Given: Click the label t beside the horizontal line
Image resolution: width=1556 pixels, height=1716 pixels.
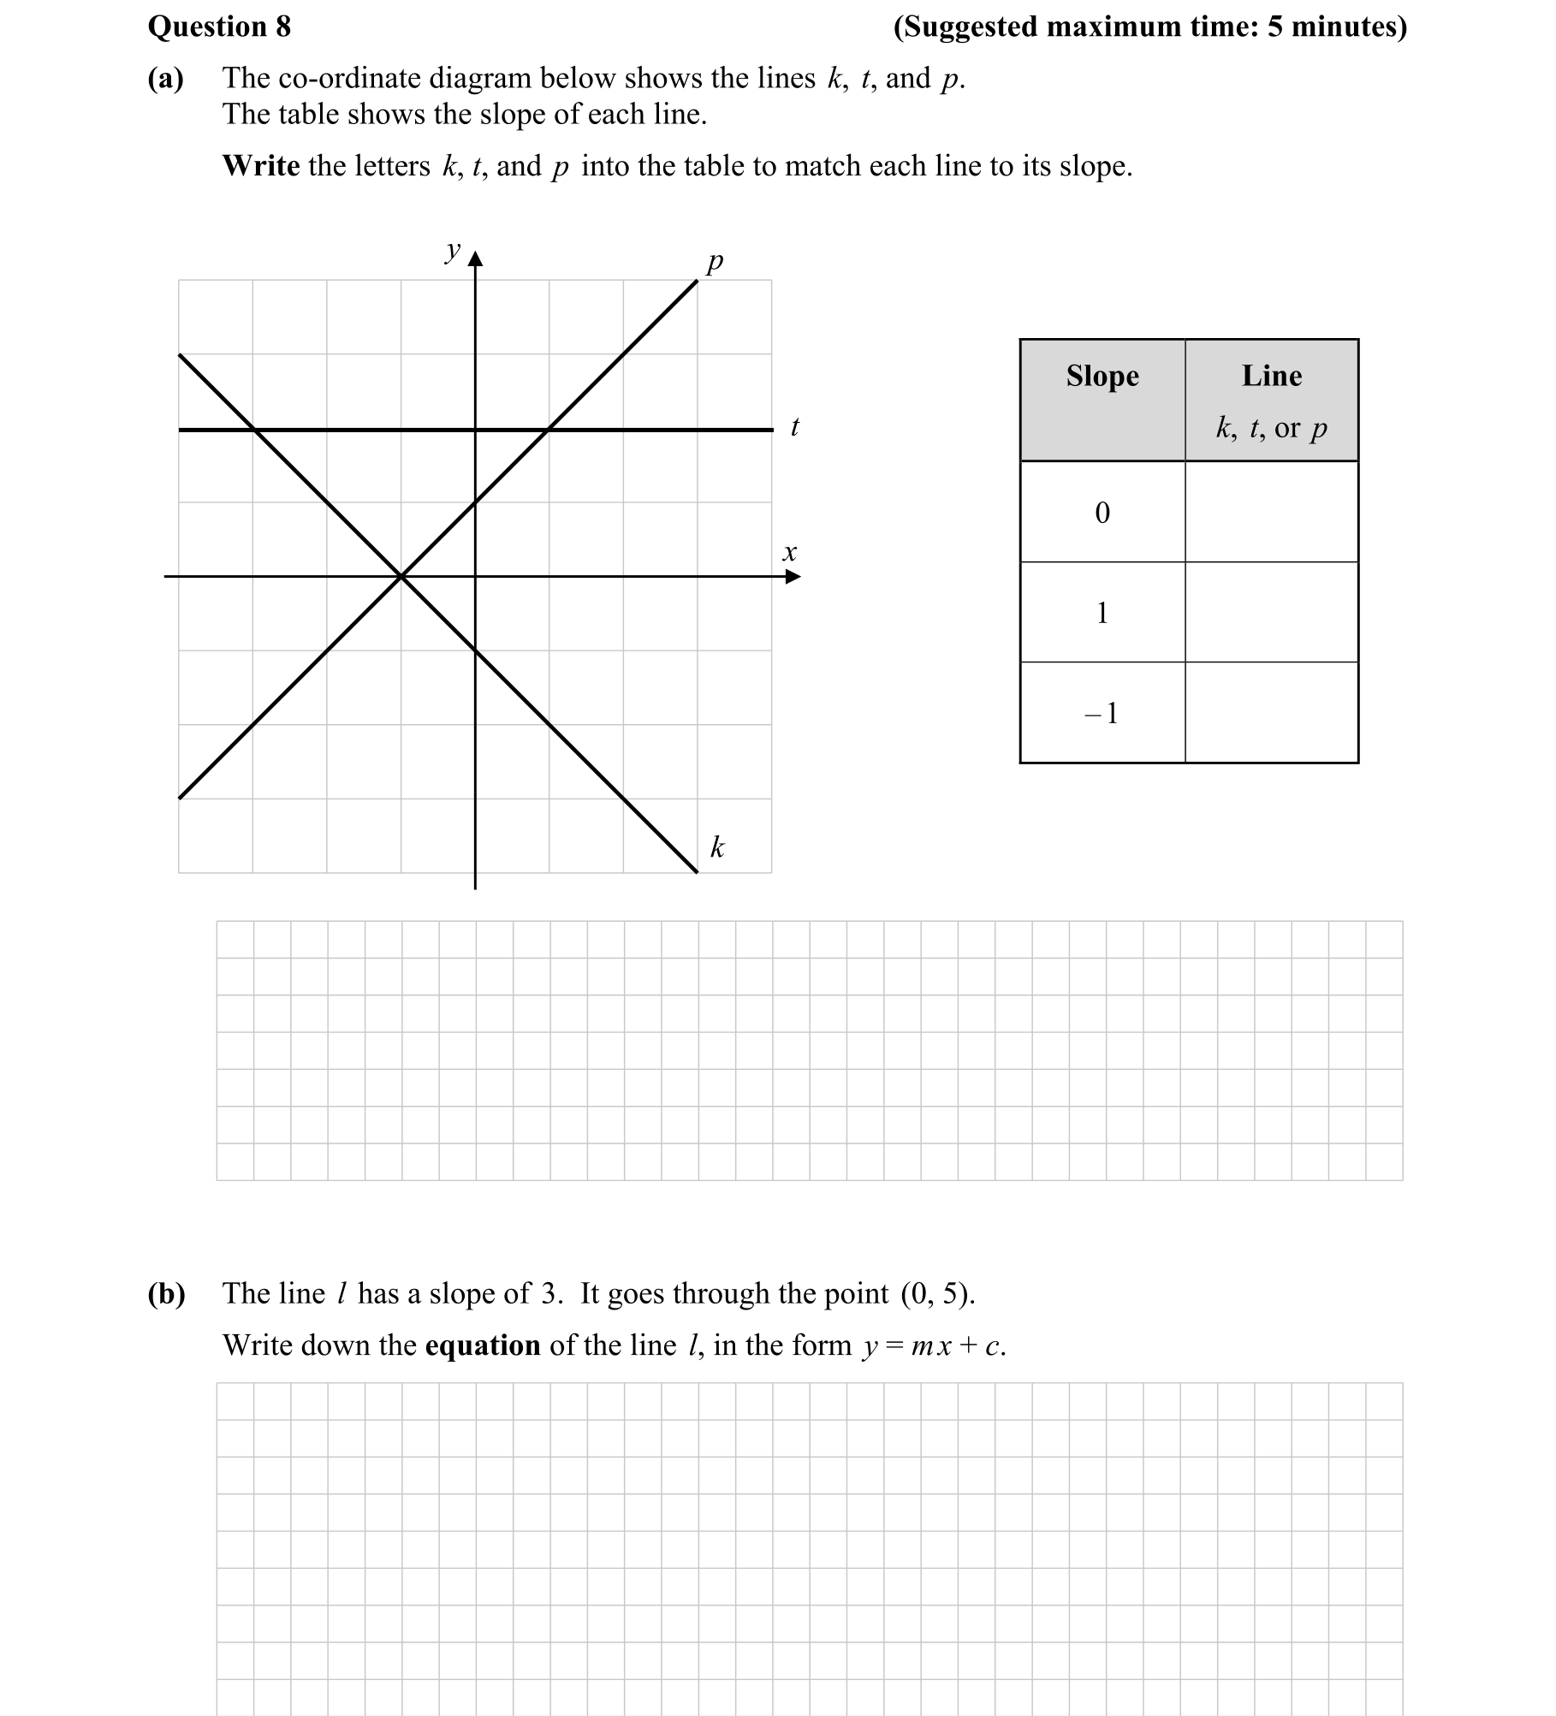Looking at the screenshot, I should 794,426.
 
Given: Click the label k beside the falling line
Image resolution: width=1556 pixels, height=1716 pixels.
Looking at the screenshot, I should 717,847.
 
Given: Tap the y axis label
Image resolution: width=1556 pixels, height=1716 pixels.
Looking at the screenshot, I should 452,251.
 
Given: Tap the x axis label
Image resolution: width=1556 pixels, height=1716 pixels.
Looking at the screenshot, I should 789,553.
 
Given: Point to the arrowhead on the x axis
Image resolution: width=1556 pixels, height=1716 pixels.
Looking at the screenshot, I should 793,577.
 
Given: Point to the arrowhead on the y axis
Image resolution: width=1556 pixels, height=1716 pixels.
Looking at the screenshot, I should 475,258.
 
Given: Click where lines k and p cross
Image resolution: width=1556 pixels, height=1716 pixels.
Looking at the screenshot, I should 401,577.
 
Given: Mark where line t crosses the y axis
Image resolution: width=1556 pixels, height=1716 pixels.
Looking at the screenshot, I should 475,430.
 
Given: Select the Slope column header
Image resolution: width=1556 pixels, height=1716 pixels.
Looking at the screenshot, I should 1102,377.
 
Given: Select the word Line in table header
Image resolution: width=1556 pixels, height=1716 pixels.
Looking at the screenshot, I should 1272,377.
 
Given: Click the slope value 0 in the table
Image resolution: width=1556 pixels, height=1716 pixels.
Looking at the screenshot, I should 1102,513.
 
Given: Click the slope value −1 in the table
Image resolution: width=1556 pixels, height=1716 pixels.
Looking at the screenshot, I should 1102,713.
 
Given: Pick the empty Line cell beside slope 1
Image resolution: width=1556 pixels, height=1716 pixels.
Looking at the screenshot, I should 1272,613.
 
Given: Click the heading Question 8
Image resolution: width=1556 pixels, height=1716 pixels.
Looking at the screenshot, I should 219,27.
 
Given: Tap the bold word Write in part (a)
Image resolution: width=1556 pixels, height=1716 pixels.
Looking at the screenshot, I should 261,166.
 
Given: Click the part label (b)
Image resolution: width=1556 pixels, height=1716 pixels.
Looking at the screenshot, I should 166,1293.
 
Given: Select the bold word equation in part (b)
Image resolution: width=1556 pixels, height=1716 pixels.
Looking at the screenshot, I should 483,1345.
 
